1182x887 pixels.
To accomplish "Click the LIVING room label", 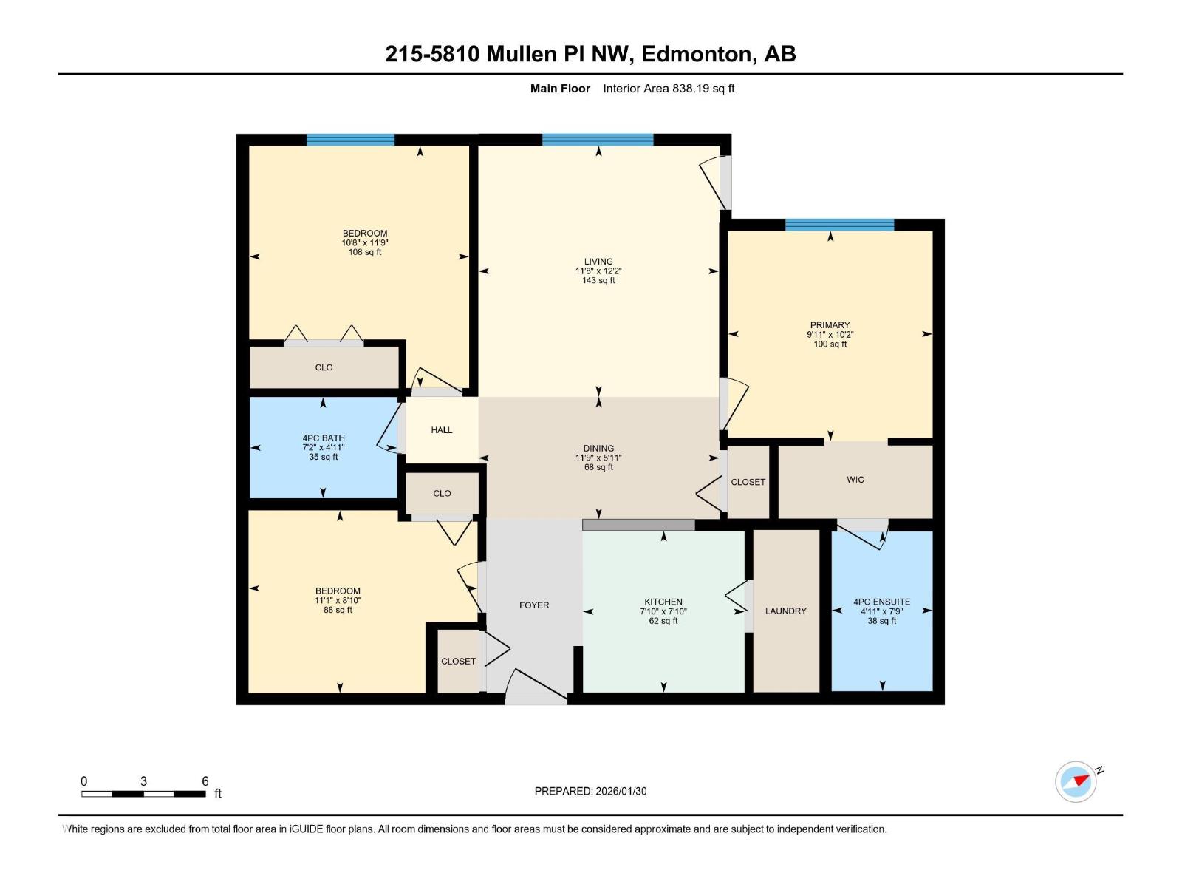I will click(598, 262).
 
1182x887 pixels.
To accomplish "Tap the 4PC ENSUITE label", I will click(881, 602).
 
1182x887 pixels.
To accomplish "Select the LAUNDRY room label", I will click(785, 611).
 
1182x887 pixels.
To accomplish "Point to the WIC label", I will click(855, 480).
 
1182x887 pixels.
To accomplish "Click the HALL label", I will click(442, 430).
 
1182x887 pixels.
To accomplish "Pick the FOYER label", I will click(534, 605).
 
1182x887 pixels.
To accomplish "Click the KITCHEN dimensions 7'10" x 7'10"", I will click(663, 611).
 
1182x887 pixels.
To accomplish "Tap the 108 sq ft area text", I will click(365, 252).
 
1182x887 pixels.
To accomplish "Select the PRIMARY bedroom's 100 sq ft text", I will click(830, 344).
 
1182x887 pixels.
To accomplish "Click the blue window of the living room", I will click(598, 140).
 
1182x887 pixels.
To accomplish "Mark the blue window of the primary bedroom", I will click(839, 225).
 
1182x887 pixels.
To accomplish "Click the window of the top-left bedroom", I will click(350, 140).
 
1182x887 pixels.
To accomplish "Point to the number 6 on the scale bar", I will click(205, 781).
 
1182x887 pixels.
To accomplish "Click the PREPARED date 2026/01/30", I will click(619, 791).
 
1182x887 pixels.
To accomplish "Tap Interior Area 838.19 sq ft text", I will click(669, 89).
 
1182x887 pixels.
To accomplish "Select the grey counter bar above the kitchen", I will click(638, 525).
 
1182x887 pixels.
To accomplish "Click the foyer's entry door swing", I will click(536, 687).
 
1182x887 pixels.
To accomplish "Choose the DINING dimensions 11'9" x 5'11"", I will click(598, 458).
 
